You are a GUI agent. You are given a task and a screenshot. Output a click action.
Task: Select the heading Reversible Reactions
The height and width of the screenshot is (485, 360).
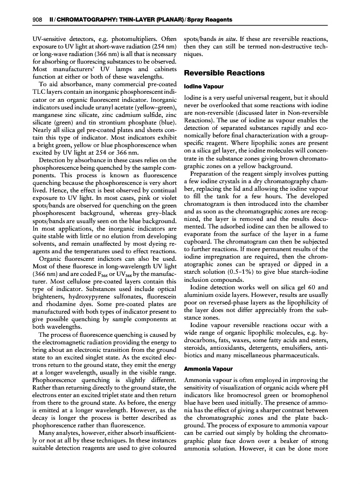(x=224, y=73)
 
